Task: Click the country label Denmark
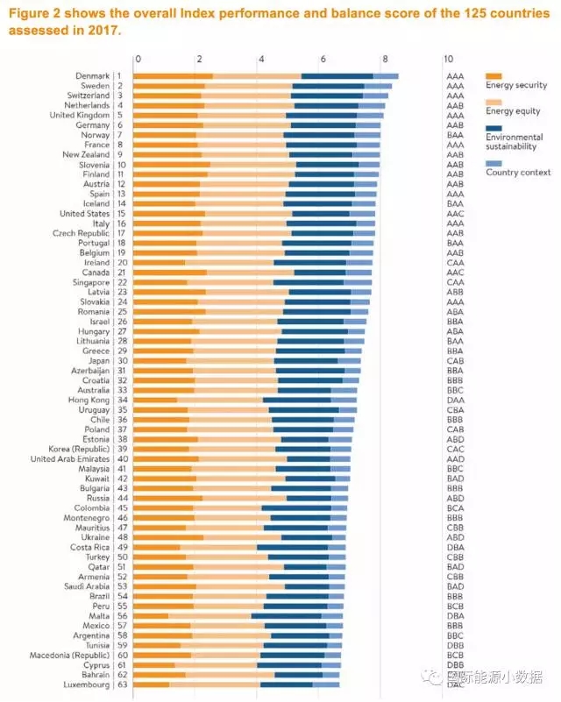[91, 76]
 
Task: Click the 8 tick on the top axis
[385, 60]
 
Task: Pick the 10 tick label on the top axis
[448, 60]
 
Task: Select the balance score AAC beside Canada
[454, 272]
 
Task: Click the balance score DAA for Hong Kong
[454, 400]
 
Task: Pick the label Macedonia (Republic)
[67, 655]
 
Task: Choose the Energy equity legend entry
[515, 111]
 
